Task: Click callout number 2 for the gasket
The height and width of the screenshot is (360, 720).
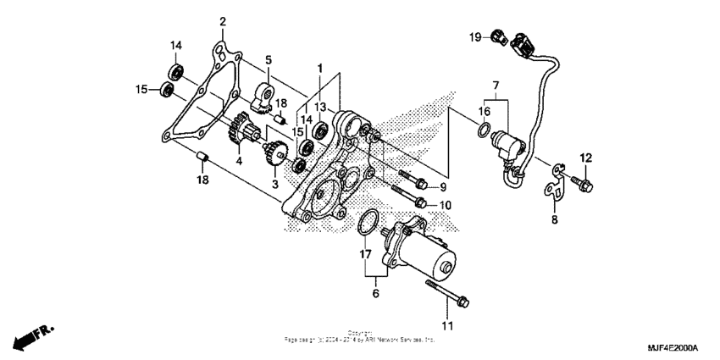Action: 223,21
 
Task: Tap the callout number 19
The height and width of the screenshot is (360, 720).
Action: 475,36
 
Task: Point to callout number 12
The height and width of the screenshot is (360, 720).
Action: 586,158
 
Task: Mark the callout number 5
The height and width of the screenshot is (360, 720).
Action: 269,60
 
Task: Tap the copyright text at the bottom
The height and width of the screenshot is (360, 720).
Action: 359,337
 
